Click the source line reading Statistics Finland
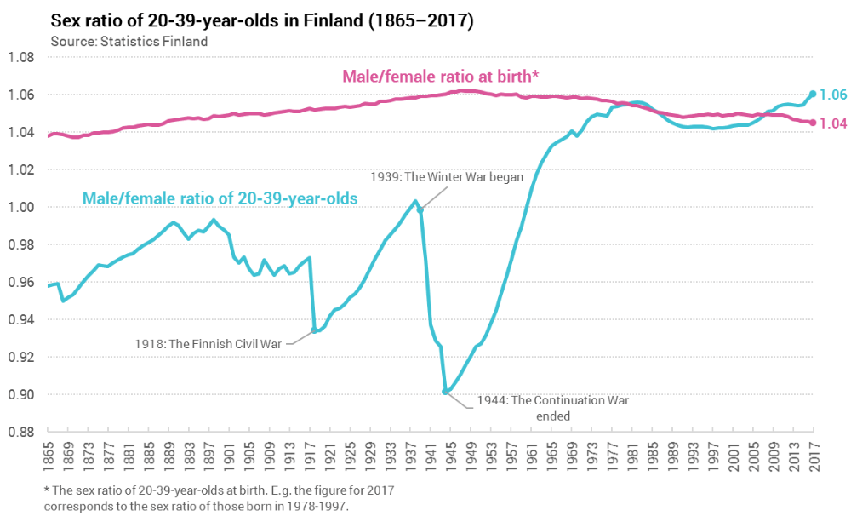129,40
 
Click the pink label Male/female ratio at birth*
440,77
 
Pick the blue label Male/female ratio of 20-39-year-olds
220,198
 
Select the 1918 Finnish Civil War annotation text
208,343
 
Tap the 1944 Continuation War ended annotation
552,407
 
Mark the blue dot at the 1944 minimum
446,392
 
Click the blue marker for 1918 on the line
315,330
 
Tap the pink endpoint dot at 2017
813,123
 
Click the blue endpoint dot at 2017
813,94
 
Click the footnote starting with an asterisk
219,498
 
